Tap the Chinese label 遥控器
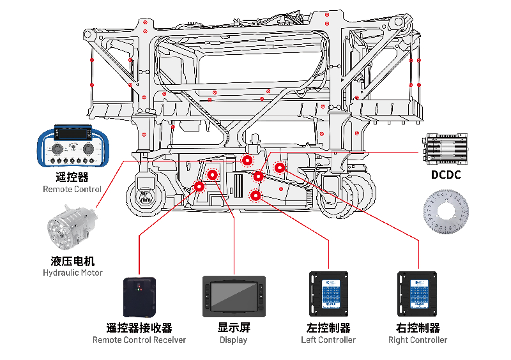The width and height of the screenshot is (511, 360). point(72,177)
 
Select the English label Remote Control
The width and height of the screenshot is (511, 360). point(72,189)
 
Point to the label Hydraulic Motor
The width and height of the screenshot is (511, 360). point(72,273)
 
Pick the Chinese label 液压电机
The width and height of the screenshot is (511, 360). point(72,260)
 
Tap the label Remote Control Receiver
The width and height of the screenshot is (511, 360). point(139,340)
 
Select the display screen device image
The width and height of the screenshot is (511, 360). point(234,297)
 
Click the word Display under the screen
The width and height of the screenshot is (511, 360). point(234,340)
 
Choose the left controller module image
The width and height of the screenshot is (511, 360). point(328,294)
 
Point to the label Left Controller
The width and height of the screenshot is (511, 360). point(328,340)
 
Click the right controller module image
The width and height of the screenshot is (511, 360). point(418,294)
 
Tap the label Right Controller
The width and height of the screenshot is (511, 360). point(418,340)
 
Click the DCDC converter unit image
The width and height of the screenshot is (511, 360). point(445,151)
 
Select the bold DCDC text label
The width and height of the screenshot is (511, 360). point(445,175)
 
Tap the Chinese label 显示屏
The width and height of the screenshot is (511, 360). point(234,327)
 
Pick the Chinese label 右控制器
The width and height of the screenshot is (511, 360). point(418,327)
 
